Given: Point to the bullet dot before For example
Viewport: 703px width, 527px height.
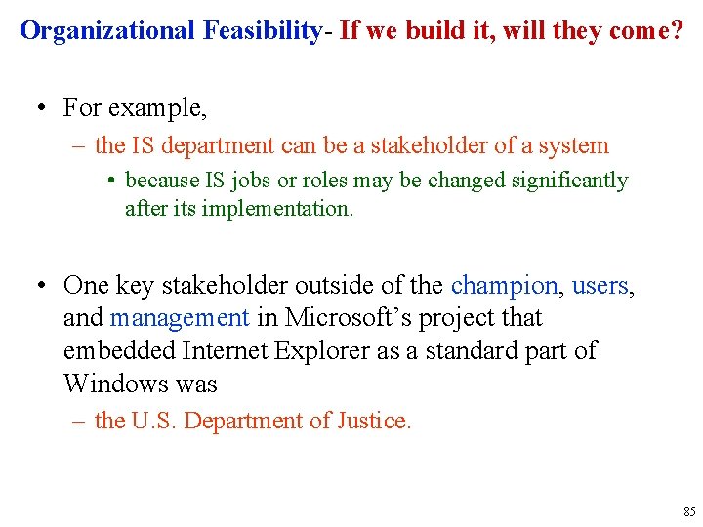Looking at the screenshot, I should tap(41, 107).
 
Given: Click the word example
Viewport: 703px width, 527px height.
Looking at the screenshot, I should tap(157, 107).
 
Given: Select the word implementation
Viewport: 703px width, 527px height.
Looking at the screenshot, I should tap(277, 209).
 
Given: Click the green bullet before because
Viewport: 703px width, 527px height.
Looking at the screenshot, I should tap(114, 182).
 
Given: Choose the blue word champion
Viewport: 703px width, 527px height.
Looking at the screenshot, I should tap(504, 286).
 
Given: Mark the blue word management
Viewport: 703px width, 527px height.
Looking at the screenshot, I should tap(180, 318).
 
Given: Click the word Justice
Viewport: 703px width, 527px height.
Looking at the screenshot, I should tap(374, 422).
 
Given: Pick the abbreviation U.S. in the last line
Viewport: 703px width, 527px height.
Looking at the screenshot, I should tap(153, 422).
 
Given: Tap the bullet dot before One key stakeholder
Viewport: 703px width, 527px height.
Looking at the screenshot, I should tap(41, 287).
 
